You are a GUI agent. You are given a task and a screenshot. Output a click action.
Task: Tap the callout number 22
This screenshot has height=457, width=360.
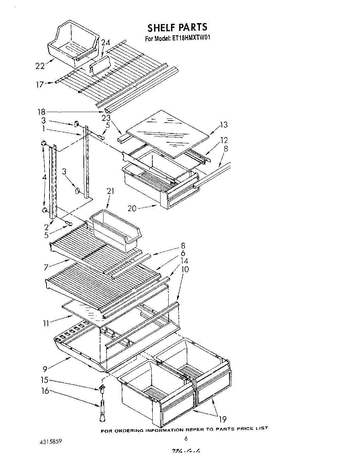tap(40, 66)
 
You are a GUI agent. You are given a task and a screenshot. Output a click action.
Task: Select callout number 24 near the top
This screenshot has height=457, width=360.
tap(106, 43)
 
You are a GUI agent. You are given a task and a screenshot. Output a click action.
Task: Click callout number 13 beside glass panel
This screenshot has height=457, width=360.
tap(223, 125)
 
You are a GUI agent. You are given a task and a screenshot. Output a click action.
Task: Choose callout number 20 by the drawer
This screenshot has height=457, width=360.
tap(132, 208)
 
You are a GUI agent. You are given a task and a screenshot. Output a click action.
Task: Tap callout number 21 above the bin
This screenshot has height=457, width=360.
tap(111, 191)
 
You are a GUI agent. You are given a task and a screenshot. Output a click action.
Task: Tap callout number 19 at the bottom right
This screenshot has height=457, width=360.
tap(222, 419)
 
